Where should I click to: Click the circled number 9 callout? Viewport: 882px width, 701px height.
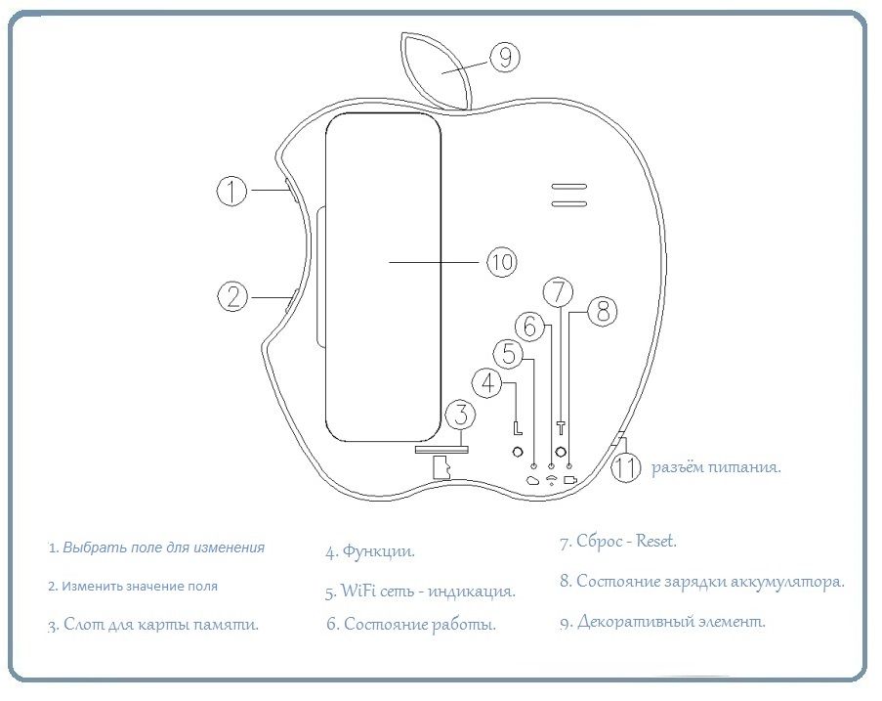point(503,59)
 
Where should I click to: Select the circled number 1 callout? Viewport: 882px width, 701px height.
point(231,191)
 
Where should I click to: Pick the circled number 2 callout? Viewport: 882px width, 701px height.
point(231,295)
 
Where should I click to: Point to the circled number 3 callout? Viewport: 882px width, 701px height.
point(461,416)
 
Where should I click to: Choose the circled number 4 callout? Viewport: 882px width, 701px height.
point(489,383)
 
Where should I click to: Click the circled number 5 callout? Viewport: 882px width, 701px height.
point(509,353)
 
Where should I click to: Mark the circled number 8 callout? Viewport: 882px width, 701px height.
point(603,312)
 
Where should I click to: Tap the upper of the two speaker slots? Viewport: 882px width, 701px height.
point(567,186)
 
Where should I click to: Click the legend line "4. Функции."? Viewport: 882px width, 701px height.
point(370,551)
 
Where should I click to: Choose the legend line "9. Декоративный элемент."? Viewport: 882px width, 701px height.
point(662,621)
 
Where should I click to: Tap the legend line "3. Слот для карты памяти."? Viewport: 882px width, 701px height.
point(153,624)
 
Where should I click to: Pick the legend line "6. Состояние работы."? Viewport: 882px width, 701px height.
point(410,624)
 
